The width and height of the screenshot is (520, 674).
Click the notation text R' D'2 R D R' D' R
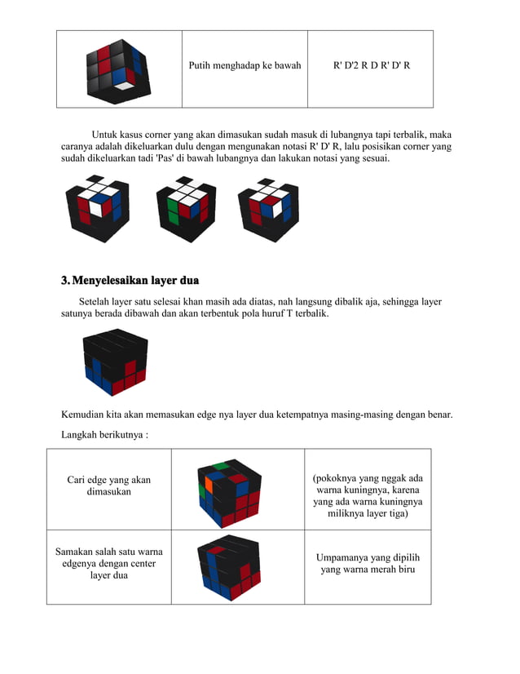click(371, 64)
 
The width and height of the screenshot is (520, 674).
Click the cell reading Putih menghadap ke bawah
click(245, 64)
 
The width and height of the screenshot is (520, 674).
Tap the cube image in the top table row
click(118, 70)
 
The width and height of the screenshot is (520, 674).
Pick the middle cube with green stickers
click(186, 209)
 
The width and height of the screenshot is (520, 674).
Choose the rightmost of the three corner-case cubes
click(269, 209)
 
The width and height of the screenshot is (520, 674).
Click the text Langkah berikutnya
click(104, 435)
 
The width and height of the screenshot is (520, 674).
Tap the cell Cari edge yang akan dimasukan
click(108, 486)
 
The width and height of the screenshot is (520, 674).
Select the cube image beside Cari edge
click(229, 491)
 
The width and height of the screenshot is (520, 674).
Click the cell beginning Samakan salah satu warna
click(108, 563)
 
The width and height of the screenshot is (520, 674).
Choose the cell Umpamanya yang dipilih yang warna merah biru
click(368, 563)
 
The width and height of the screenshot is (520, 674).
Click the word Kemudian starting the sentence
click(86, 415)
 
